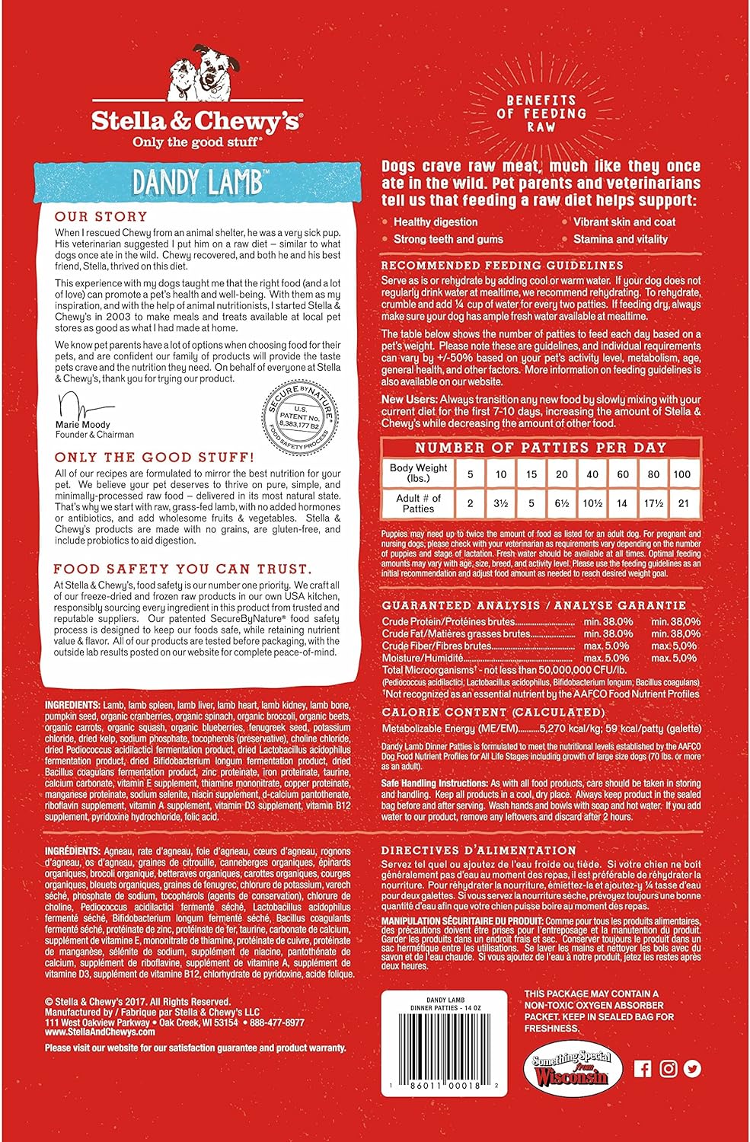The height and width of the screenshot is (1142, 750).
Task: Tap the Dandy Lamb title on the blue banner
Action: click(x=198, y=183)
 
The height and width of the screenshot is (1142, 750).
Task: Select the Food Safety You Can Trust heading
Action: click(x=182, y=569)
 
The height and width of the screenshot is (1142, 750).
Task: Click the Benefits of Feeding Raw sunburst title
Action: click(x=541, y=113)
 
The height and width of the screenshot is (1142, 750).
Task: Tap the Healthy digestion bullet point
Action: click(x=436, y=222)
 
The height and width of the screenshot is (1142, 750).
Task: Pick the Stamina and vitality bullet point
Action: click(x=620, y=239)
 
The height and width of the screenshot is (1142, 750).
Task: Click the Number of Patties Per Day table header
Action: click(x=541, y=448)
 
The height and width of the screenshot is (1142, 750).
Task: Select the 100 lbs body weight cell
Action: click(x=682, y=474)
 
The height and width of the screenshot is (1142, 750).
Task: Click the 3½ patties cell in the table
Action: click(x=500, y=503)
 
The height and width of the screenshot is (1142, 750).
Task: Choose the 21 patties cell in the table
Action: click(x=682, y=503)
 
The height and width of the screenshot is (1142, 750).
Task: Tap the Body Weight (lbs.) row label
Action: click(x=418, y=473)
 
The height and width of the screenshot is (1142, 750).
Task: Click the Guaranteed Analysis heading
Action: click(x=534, y=605)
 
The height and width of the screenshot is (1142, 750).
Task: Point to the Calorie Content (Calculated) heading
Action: click(x=493, y=713)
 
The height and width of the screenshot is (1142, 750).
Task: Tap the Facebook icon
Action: click(x=643, y=1069)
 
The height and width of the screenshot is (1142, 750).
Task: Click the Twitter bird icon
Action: click(x=692, y=1069)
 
